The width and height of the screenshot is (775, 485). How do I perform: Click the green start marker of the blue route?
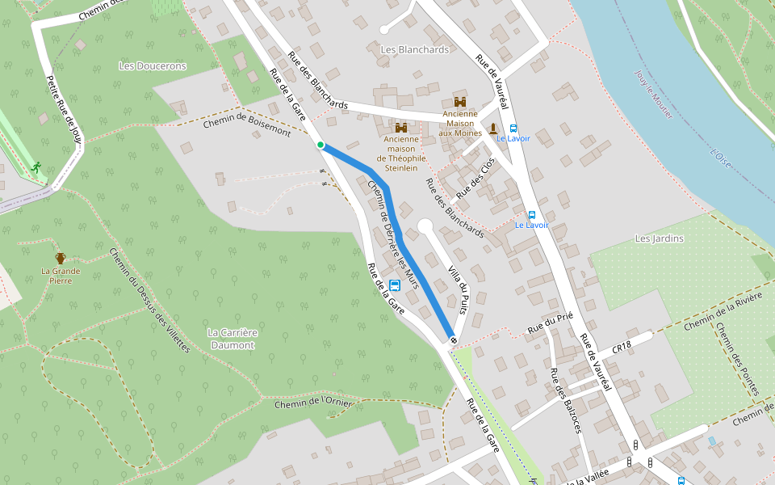[320, 145]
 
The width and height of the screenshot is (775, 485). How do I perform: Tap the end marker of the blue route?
[453, 340]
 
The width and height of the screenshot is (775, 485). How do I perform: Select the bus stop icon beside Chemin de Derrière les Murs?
[395, 285]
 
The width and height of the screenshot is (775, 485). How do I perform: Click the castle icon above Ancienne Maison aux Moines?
[460, 102]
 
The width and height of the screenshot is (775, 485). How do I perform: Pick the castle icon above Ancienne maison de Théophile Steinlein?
[401, 127]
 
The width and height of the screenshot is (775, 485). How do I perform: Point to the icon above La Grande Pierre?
[61, 258]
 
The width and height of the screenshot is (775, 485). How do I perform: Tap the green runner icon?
[36, 167]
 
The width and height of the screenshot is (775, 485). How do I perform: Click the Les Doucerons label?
[152, 65]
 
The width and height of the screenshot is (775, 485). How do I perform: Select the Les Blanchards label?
[414, 49]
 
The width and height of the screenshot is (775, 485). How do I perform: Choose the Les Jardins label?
[659, 238]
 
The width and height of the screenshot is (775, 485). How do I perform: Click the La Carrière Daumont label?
[231, 339]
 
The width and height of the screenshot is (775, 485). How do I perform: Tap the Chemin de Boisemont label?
[246, 125]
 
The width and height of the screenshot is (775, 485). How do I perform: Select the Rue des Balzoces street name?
[565, 400]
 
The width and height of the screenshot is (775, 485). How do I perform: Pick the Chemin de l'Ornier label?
[310, 402]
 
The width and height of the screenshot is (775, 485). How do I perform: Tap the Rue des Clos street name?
[475, 179]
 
